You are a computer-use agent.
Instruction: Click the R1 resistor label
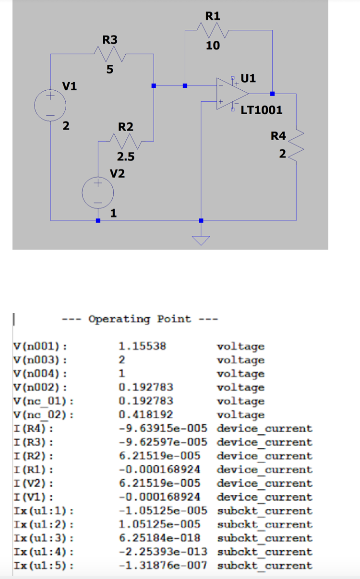click(x=213, y=16)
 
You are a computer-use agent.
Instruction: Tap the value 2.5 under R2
click(x=126, y=157)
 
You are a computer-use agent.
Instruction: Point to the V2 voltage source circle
click(x=97, y=192)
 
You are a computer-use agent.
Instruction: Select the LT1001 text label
click(x=261, y=110)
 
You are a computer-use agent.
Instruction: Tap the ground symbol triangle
click(x=201, y=241)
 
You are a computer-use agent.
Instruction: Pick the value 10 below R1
click(x=213, y=46)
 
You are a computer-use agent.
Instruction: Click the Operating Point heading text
click(x=139, y=319)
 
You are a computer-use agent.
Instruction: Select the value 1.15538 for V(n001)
click(x=142, y=346)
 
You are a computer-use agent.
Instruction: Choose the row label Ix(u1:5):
click(x=41, y=566)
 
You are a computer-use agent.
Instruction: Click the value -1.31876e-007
click(x=163, y=566)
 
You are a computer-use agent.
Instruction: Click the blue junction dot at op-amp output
click(x=272, y=93)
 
